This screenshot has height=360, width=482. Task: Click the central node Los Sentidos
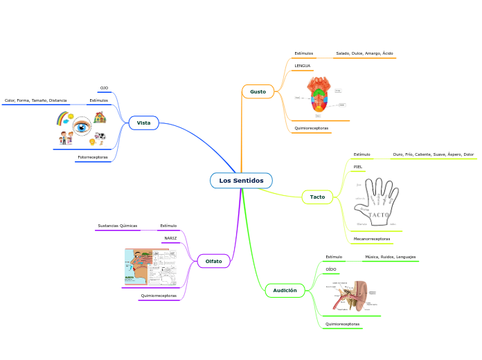tap(241, 181)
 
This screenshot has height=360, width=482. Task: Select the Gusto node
tap(258, 91)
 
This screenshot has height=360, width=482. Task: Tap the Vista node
tap(143, 123)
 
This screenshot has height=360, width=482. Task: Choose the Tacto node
tap(317, 197)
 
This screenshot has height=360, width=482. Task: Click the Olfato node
tap(213, 261)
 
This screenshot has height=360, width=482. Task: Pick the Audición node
tap(285, 291)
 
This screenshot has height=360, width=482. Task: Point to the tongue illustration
tap(319, 95)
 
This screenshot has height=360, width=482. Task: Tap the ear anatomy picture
tap(353, 296)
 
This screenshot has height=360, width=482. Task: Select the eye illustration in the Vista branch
tap(82, 127)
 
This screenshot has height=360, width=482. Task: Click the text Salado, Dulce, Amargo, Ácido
tap(364, 53)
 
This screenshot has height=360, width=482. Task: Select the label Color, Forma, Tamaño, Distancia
tap(35, 100)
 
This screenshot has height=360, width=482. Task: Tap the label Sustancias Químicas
tap(117, 226)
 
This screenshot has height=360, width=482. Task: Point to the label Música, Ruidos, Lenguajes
tap(391, 257)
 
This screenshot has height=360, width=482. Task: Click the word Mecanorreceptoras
tap(371, 239)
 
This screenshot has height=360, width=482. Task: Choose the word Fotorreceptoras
tap(93, 157)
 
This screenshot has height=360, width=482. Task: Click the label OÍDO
tap(331, 269)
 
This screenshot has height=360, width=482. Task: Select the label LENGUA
tap(302, 66)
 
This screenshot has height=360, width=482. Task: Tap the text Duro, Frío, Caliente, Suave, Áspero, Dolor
tap(433, 154)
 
